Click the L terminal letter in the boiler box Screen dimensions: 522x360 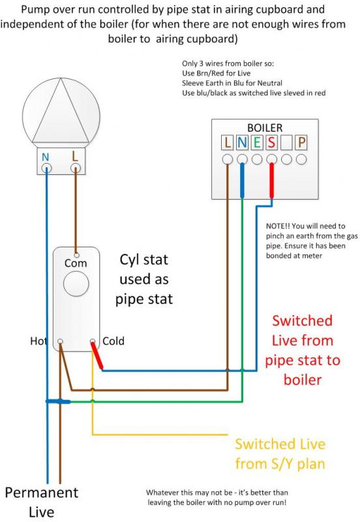tap(227, 142)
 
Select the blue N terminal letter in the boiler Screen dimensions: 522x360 tap(242, 142)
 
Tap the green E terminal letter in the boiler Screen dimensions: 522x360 tap(257, 142)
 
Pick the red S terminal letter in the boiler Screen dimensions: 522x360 tap(271, 142)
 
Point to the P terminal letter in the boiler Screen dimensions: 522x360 tap(301, 142)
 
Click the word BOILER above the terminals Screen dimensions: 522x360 tap(264, 128)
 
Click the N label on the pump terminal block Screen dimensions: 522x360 tap(46, 157)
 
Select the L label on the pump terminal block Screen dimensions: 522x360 tap(76, 157)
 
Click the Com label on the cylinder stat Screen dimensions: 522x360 tap(76, 263)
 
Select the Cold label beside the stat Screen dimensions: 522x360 tap(113, 341)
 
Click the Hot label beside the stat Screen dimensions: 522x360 tap(39, 341)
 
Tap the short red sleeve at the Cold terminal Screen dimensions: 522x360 tap(98, 356)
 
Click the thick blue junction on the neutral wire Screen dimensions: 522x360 tap(57, 401)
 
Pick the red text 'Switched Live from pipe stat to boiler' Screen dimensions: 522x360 tap(302, 350)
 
